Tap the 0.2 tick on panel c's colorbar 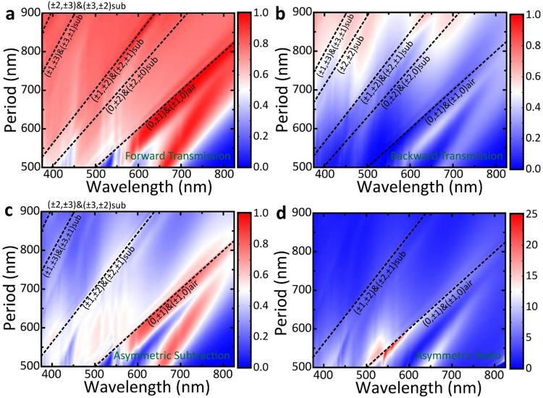[x=253, y=336]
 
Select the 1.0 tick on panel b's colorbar [x=528, y=14]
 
